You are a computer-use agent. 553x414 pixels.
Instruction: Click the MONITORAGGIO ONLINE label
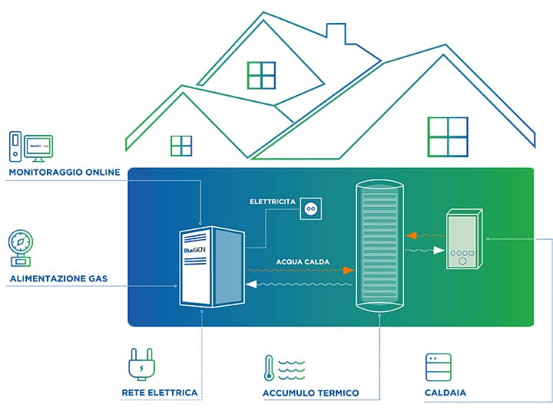pos(65,172)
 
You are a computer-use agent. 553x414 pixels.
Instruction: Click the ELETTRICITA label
pos(273,202)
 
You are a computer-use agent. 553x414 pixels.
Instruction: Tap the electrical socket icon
pos(311,207)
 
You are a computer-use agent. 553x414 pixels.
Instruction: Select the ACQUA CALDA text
pos(302,261)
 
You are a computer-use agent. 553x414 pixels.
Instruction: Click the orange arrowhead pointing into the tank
pos(349,271)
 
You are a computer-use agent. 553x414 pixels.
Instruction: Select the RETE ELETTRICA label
pos(159,393)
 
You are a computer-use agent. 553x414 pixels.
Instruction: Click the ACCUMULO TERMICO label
pos(310,393)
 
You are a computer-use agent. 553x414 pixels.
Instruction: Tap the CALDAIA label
pos(445,393)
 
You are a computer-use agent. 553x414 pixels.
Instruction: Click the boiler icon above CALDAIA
pos(438,367)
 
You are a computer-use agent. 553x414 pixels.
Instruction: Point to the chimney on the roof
pos(336,33)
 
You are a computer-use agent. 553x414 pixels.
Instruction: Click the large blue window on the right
pos(447,136)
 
